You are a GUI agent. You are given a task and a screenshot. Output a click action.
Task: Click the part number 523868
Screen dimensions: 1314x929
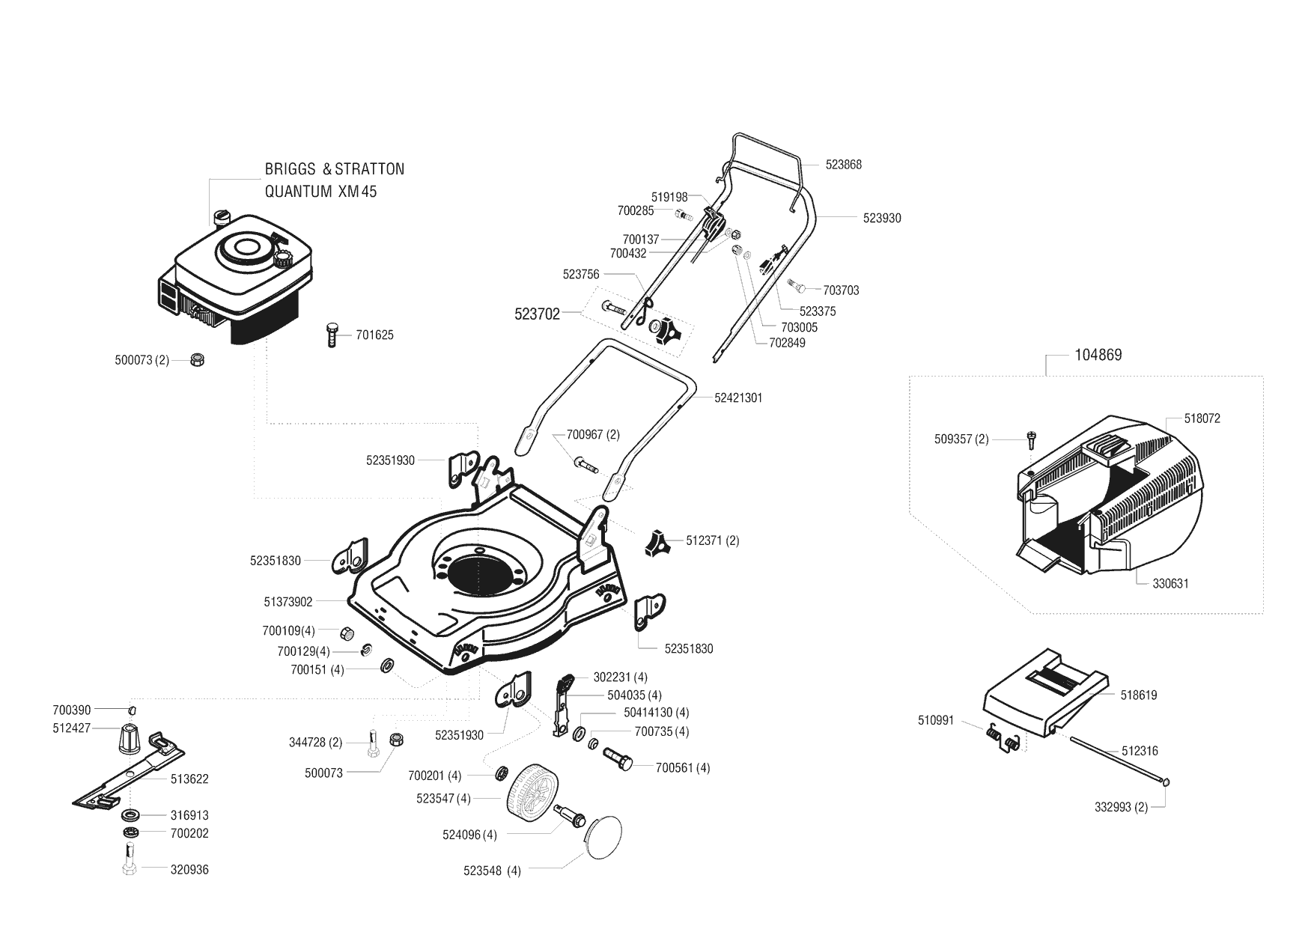[844, 165]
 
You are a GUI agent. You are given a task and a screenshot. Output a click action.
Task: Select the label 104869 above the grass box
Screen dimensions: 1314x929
[1098, 355]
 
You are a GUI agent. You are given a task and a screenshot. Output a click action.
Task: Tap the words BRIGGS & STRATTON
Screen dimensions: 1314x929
[335, 169]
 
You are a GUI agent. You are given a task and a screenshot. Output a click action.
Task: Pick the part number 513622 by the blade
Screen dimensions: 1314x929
[189, 779]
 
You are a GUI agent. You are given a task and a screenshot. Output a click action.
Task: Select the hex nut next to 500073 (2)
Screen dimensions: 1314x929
[198, 359]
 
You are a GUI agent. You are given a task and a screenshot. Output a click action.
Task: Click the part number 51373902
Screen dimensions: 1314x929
[288, 601]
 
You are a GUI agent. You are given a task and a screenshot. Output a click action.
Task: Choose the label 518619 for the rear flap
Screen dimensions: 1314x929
[1139, 695]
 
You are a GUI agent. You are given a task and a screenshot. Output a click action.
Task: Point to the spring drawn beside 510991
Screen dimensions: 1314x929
[1003, 737]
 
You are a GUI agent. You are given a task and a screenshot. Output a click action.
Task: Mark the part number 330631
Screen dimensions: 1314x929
[1170, 584]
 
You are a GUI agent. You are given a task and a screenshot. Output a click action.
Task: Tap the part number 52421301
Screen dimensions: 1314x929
[738, 398]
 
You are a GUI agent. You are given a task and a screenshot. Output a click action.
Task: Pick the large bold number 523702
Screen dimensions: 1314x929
[537, 315]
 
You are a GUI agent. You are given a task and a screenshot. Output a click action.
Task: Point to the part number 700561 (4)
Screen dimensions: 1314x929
[683, 768]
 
